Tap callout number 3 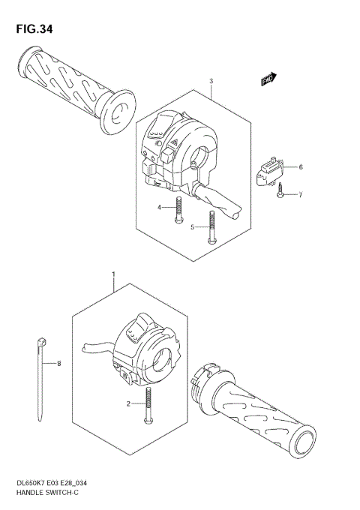(211, 81)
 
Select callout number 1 (113, 276)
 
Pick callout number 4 (159, 207)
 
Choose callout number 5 (192, 226)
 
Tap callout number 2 (128, 403)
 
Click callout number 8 (60, 364)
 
